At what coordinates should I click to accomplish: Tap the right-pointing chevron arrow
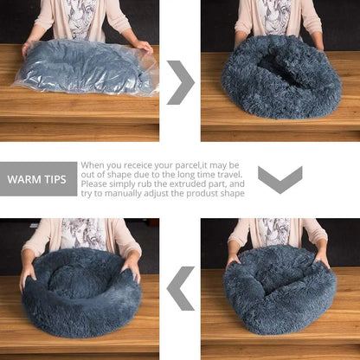point(180,82)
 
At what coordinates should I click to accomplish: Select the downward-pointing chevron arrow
point(280,179)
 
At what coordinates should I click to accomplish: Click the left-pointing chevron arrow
point(180,288)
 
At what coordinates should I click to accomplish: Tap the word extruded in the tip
point(183,183)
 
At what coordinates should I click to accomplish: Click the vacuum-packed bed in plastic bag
point(87,67)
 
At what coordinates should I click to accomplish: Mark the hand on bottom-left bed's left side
point(28,274)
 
